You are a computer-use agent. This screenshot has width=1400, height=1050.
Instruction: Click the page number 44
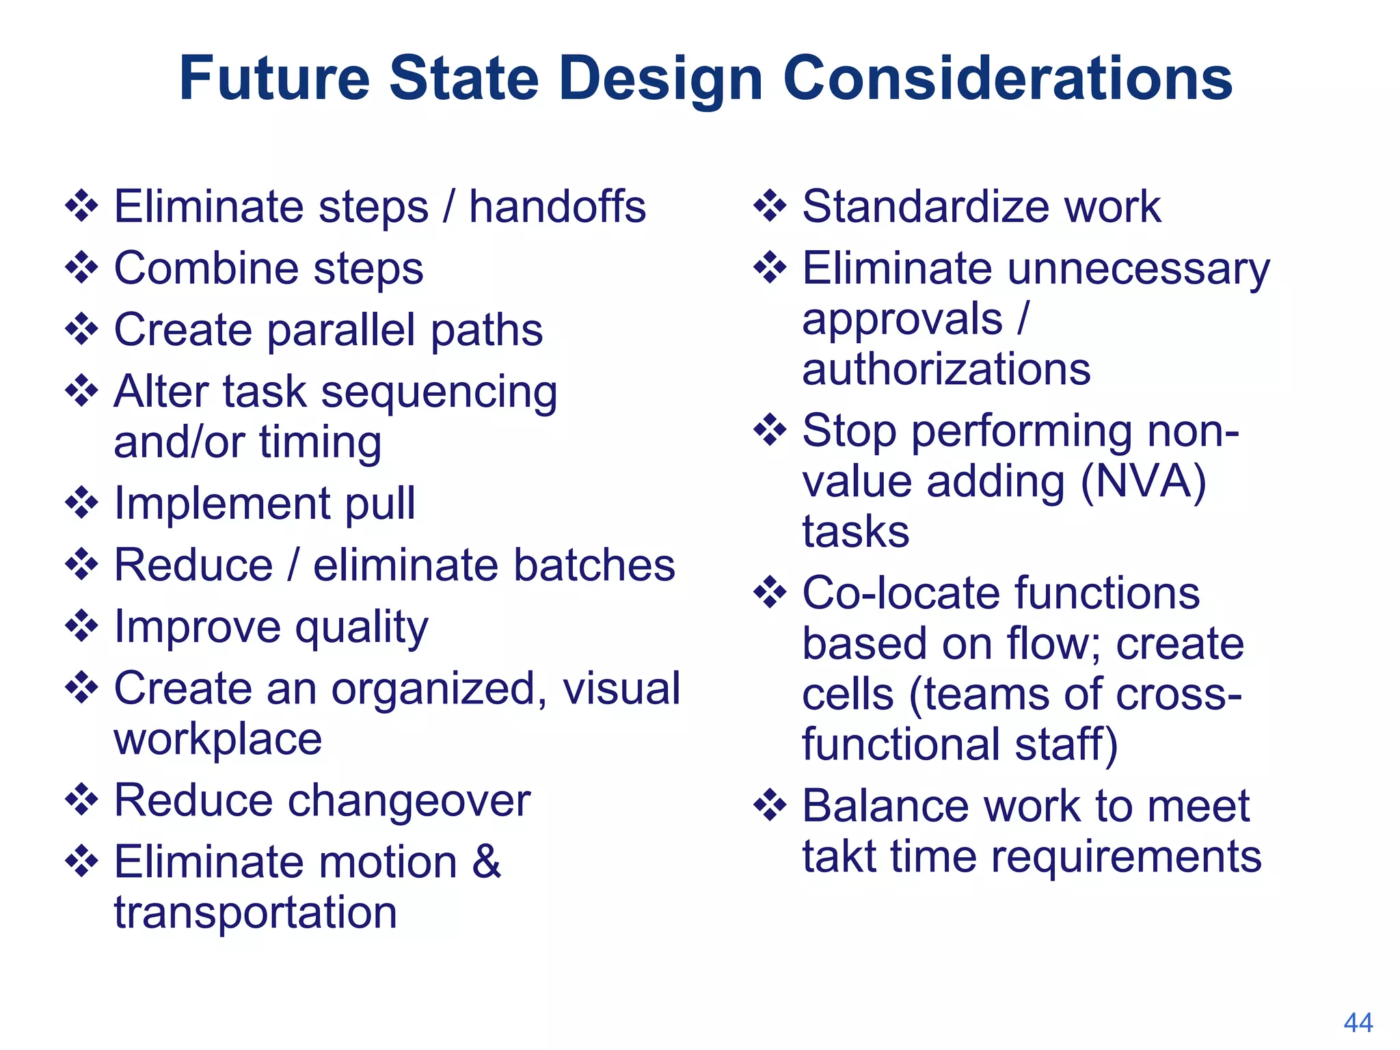[x=1358, y=1023]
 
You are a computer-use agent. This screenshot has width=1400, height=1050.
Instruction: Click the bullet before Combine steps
[x=82, y=268]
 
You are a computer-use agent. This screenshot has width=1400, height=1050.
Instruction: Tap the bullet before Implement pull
[x=82, y=503]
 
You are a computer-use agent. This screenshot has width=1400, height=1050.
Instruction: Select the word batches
[x=594, y=565]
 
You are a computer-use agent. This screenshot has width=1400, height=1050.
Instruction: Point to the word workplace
[x=217, y=740]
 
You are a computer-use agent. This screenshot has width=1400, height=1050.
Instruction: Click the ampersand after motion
[x=486, y=861]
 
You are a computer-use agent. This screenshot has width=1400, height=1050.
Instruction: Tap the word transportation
[x=255, y=913]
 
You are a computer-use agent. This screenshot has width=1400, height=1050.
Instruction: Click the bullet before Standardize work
[x=770, y=206]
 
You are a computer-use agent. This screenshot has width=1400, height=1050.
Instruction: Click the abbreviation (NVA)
[x=1143, y=481]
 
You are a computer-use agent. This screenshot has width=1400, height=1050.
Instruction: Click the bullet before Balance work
[x=770, y=805]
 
